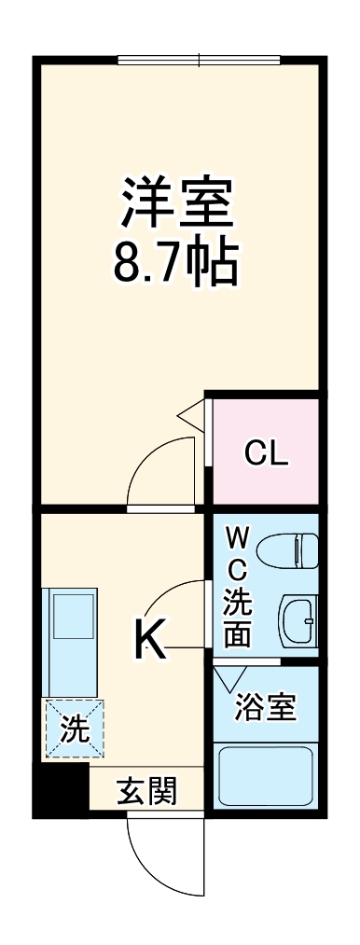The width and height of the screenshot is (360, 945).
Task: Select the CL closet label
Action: coord(267,454)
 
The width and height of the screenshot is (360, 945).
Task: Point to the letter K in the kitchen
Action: coord(151,639)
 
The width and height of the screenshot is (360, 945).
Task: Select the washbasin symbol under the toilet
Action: coord(298,618)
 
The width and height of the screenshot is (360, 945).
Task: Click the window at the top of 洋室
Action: coord(199,61)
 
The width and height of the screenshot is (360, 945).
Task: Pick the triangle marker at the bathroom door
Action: coord(228,676)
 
